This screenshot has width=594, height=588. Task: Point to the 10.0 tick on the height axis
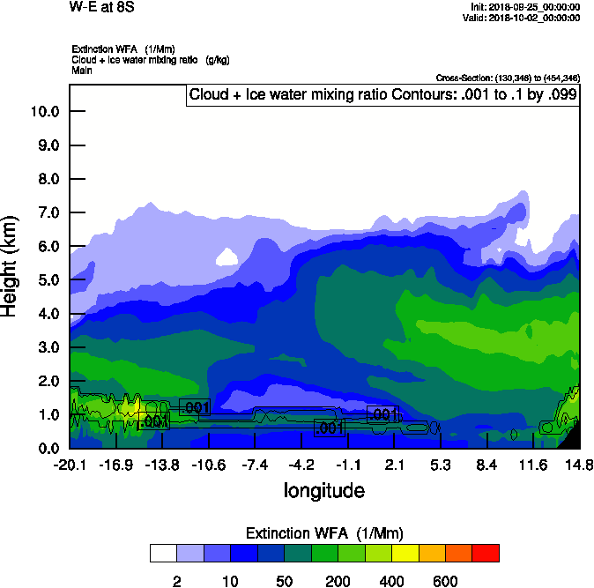(44, 112)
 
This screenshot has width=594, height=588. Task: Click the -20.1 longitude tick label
(68, 465)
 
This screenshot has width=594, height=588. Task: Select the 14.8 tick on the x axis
(579, 465)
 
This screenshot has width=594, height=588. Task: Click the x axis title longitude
(323, 490)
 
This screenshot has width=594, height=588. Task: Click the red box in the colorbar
(486, 554)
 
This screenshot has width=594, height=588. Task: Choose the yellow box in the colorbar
(405, 554)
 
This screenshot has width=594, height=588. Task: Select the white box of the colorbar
(162, 554)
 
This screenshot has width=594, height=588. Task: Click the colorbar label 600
(445, 581)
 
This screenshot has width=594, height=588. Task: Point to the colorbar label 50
(285, 581)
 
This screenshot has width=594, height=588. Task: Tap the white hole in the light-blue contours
(227, 257)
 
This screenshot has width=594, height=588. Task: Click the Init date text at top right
(526, 7)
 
